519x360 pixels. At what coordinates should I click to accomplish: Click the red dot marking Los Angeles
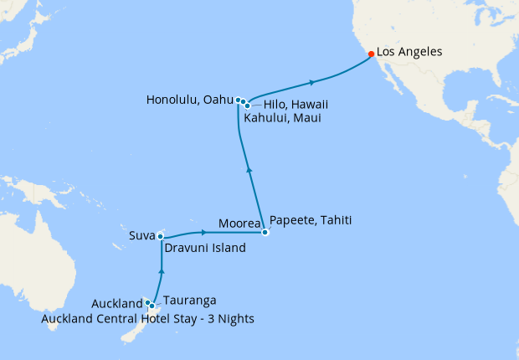coord(371,54)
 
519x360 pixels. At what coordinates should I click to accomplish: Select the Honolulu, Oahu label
coord(189,100)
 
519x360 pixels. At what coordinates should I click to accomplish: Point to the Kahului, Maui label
coord(282,119)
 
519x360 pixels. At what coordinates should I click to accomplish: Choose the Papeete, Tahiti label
coord(311,221)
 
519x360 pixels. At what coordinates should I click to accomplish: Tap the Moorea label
coord(238,224)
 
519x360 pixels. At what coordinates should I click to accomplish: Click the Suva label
coord(141,236)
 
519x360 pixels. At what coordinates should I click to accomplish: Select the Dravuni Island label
coord(205,249)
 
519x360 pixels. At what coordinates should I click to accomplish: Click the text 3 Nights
coord(226,319)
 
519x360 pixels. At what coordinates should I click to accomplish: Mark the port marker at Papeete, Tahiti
coord(265,232)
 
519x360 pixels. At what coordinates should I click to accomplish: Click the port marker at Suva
coord(159,237)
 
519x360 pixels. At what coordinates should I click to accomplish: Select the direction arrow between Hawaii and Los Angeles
coord(312,82)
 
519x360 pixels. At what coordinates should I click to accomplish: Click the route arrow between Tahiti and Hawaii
coord(249,171)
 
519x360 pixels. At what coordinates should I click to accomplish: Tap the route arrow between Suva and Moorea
coord(203,231)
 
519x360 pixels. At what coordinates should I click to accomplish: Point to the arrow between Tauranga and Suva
coord(160,271)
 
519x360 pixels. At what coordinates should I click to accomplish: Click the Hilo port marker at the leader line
coord(248,105)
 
